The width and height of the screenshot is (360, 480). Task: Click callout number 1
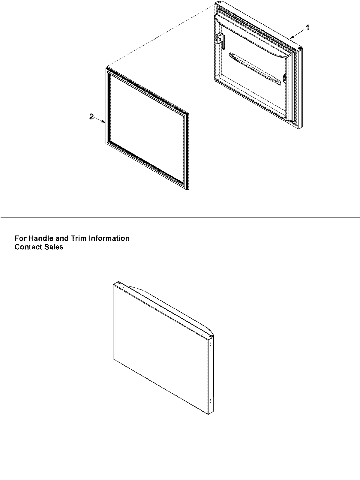pos(307,27)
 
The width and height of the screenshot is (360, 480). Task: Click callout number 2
pos(91,117)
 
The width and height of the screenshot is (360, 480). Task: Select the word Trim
pos(78,238)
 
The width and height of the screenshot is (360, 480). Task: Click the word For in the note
pos(20,238)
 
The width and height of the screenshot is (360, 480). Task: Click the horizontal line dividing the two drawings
pos(180,217)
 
